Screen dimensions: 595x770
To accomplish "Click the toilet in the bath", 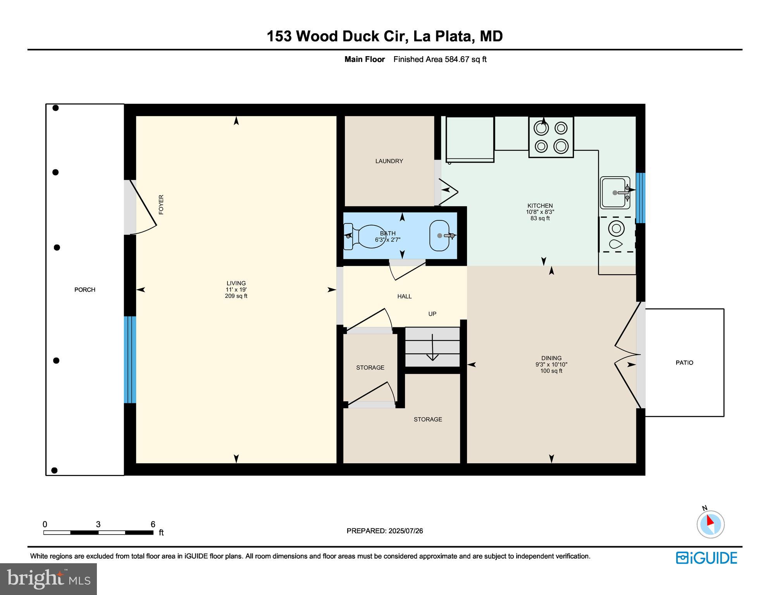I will (366, 236).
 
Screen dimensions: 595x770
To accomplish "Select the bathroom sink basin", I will (439, 236).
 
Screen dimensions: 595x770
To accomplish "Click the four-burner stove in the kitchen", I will (551, 137).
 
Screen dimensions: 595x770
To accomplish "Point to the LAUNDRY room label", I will (389, 161).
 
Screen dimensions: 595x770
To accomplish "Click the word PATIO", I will (684, 363).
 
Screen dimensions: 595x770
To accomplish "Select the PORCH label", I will (84, 290).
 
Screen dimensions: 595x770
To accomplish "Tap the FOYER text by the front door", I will (161, 205).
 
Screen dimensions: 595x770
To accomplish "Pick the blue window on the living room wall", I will (130, 359).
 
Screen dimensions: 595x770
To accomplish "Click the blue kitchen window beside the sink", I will (640, 198).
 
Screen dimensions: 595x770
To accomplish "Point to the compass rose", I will (710, 524).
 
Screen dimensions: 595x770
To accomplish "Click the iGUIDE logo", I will (706, 558).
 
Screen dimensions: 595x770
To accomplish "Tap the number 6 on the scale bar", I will (153, 524).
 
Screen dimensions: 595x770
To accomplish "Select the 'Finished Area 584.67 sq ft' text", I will (439, 59).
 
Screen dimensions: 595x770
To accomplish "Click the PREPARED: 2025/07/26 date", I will (384, 531).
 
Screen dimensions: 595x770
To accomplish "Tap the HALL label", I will (404, 296).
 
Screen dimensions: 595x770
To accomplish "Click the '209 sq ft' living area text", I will (236, 296).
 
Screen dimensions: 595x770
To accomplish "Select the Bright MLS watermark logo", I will (48, 579).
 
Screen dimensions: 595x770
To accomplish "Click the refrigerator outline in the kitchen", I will (470, 139).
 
